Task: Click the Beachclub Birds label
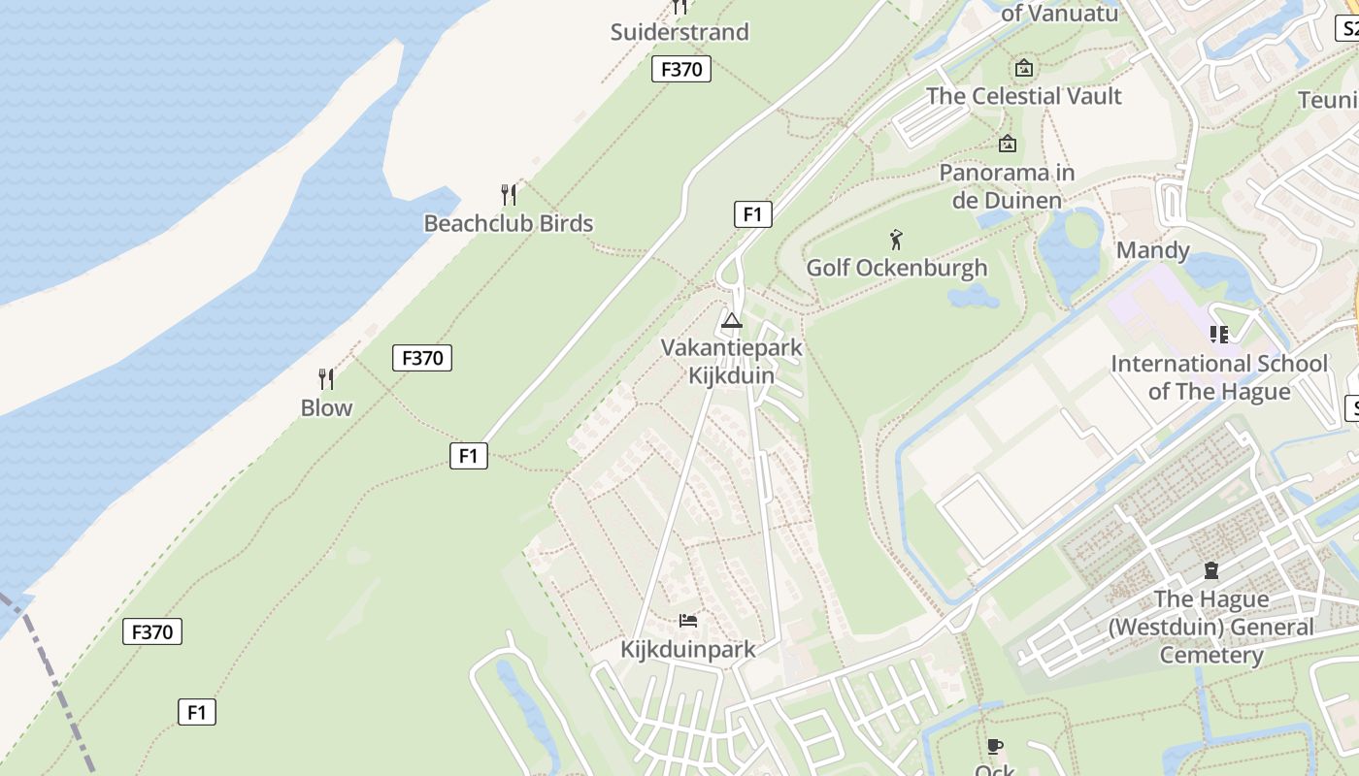[508, 223]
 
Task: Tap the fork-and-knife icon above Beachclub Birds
[509, 194]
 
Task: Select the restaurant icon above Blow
[326, 378]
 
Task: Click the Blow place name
[326, 407]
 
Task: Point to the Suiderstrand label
[679, 32]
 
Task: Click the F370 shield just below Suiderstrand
[680, 69]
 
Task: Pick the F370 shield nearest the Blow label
[422, 358]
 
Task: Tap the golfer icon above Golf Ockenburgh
[896, 240]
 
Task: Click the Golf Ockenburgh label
[897, 268]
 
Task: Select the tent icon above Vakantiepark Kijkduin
[732, 320]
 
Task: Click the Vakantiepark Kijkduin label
[732, 361]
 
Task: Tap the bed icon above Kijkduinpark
[688, 620]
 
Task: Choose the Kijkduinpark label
[687, 649]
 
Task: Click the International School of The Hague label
[1219, 377]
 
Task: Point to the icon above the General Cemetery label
[1210, 570]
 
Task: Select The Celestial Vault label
[1023, 96]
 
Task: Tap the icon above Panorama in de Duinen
[1008, 144]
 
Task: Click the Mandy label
[1152, 250]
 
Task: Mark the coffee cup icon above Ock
[994, 746]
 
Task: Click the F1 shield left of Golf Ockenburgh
[752, 214]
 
